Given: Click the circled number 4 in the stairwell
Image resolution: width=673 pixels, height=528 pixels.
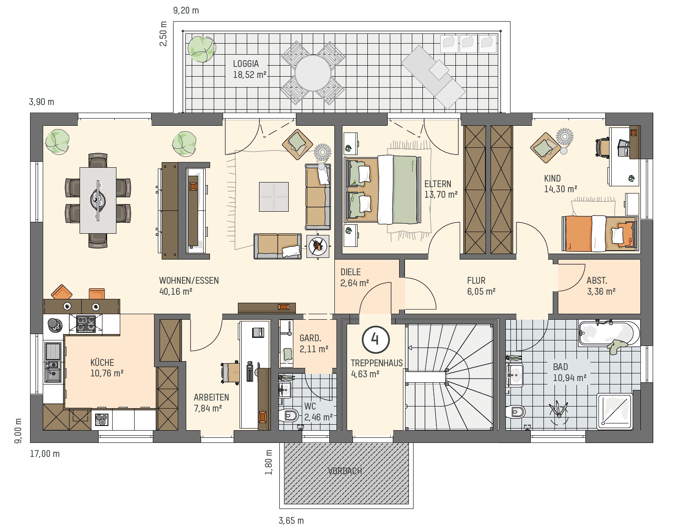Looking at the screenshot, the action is coord(375,340).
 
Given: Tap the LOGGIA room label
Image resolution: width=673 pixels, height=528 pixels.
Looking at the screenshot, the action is coord(246,64).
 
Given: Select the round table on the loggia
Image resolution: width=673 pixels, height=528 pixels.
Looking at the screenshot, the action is coord(312,73).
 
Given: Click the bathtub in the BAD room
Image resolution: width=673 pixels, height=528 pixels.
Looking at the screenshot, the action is coord(609,333).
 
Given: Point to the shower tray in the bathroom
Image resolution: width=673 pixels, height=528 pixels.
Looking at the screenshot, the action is coord(615,411).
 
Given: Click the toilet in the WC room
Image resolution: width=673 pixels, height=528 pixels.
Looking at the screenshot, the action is coord(288,415).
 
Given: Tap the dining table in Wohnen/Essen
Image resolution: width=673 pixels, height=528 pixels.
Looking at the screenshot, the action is coord(98,200).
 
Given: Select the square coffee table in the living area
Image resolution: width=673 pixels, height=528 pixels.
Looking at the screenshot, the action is coord(274,196).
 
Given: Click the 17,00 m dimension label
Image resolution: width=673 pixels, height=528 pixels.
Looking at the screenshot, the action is coord(44,453).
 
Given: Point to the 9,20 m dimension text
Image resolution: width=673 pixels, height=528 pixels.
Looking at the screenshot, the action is coord(186,11).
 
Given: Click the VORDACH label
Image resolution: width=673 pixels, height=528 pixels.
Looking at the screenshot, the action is coord(345,471).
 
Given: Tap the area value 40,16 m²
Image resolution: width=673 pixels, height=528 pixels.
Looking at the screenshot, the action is coord(176,291).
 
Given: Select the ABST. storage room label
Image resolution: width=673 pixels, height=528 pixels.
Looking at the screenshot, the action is coord(597,281).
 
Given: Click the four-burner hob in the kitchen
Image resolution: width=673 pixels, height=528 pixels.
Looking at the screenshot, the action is coord(86,323).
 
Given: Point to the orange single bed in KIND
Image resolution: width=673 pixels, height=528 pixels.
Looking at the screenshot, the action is coord(600,233).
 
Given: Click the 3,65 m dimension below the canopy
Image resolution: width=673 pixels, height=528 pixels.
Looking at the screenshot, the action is coord(291,520).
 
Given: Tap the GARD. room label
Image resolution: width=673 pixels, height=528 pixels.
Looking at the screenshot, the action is coord(310,338).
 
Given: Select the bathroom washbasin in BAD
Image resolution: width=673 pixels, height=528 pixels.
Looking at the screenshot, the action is coord(514,375).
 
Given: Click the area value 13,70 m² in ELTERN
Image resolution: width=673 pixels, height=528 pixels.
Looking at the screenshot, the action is coord(441,194).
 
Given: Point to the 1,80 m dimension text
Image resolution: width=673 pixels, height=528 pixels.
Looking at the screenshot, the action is coord(268,462).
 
